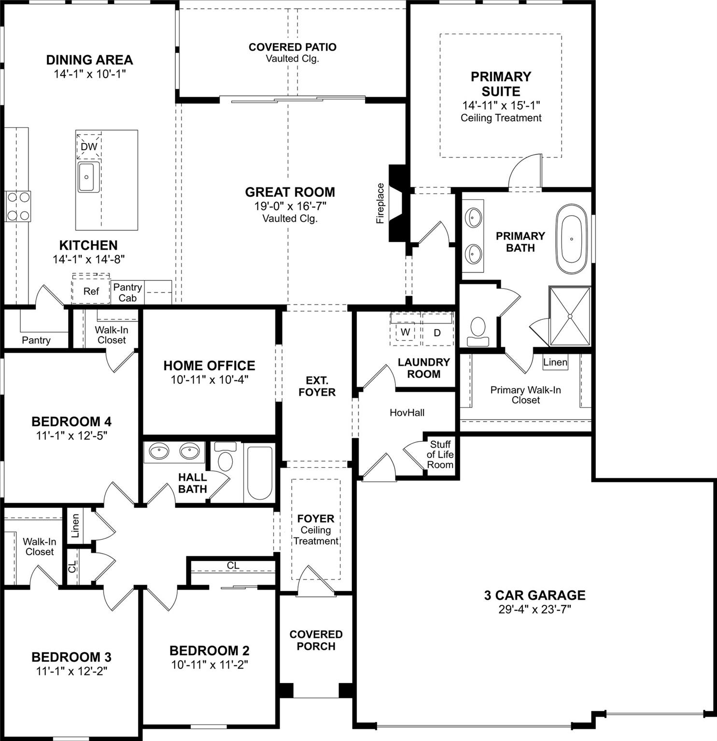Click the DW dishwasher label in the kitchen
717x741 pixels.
89,146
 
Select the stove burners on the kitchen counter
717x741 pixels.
17,206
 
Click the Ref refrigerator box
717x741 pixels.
91,291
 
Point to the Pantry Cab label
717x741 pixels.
127,292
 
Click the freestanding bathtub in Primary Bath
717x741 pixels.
572,239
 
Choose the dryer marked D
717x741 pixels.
437,332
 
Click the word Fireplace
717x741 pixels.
380,203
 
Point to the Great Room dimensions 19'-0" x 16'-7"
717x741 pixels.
290,206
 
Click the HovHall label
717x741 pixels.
407,412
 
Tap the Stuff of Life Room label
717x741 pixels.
440,454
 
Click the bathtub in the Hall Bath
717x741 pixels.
259,473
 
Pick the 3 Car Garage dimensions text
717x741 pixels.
534,609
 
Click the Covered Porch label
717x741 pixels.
316,640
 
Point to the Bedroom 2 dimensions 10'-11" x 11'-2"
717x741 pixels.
210,664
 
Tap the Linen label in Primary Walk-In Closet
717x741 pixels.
555,362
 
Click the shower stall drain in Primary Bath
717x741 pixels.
570,316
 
